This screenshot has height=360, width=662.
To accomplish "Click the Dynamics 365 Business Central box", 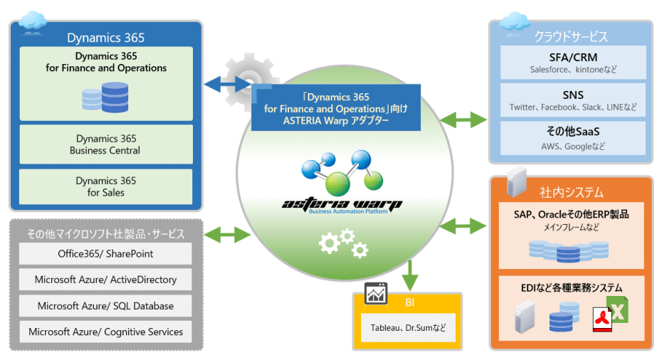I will [x=105, y=144].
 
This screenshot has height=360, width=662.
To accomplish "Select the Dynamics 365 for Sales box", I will [x=105, y=186].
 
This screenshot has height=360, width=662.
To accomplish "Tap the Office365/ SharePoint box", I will [x=105, y=254].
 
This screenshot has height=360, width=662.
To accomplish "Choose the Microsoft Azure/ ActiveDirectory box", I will [x=105, y=280].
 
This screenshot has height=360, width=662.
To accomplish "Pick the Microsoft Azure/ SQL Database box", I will [x=105, y=306].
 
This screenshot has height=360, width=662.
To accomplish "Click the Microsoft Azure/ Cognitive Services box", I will [x=105, y=332].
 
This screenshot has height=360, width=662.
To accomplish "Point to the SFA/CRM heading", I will [x=572, y=56].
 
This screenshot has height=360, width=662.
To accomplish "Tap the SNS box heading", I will [x=572, y=95].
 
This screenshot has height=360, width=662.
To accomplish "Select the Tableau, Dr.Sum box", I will [x=406, y=328].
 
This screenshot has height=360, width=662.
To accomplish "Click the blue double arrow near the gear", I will [x=227, y=85].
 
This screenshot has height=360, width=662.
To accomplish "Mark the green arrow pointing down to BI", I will [x=409, y=274].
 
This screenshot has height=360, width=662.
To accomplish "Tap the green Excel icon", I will [x=619, y=313].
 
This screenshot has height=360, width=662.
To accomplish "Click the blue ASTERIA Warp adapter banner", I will [x=336, y=108].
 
